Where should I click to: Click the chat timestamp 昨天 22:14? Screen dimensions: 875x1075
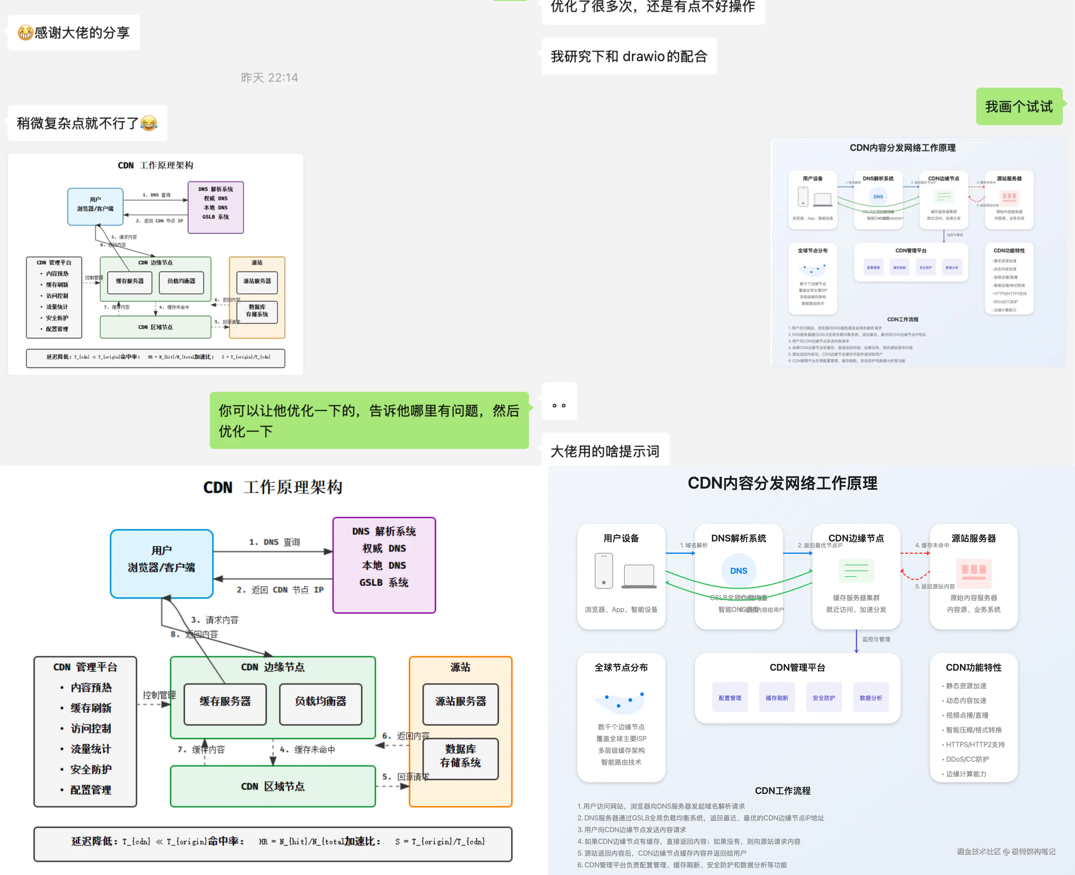(x=269, y=78)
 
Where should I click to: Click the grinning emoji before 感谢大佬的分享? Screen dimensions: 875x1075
(x=25, y=33)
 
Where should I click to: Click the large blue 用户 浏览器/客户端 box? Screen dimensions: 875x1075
(x=161, y=563)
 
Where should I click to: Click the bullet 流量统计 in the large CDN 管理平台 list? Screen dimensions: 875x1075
(x=91, y=749)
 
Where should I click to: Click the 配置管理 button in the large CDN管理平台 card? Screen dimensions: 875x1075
(x=730, y=698)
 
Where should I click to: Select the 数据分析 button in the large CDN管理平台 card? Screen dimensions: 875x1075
(x=871, y=698)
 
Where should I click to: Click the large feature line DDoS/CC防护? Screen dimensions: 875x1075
(x=967, y=759)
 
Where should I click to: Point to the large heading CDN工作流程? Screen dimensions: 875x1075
(x=782, y=791)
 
